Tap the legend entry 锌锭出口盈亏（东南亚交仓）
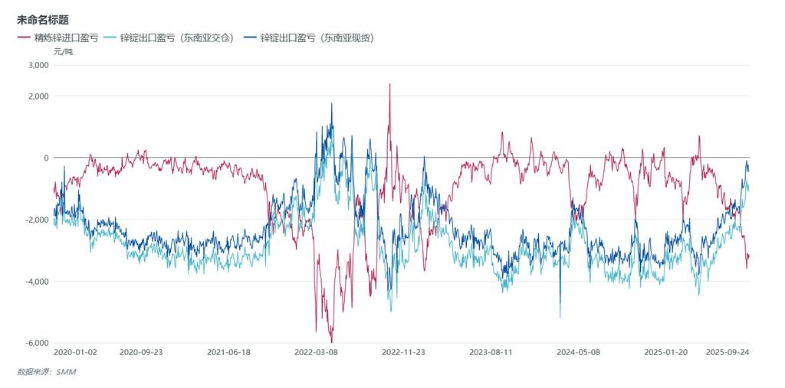(174, 37)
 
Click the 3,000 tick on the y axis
(38, 66)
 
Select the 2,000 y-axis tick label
(38, 96)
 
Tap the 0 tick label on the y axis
(46, 158)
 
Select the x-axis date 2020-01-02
(76, 353)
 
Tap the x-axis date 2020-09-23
(141, 353)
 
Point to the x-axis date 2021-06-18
(228, 353)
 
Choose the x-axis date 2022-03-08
(316, 353)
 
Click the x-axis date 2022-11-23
(403, 353)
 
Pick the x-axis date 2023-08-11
(491, 353)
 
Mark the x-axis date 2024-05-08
(578, 353)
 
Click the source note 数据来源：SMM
(47, 372)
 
